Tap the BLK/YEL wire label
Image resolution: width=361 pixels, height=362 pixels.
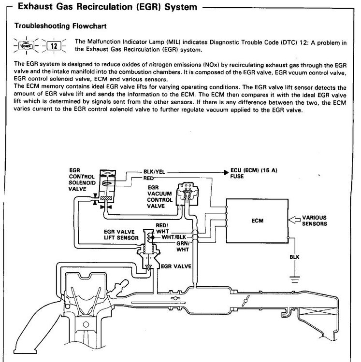[155, 171]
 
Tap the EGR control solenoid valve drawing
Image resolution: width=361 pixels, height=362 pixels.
[106, 186]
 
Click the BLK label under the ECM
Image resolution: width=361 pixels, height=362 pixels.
[294, 258]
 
